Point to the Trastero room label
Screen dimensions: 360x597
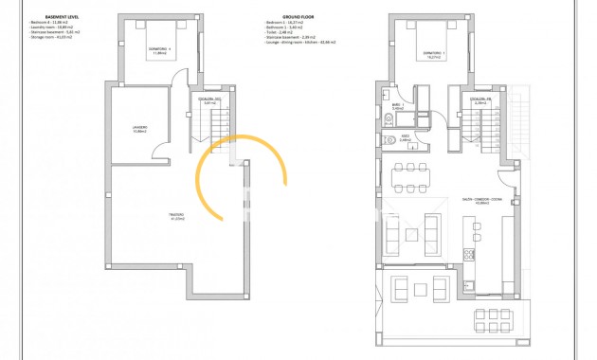point(176,217)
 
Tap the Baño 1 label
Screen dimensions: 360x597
point(398,106)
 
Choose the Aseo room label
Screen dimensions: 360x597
point(405,138)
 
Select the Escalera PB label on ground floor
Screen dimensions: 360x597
point(479,100)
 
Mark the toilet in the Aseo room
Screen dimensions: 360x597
point(390,140)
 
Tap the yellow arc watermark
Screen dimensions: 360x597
point(241,180)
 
